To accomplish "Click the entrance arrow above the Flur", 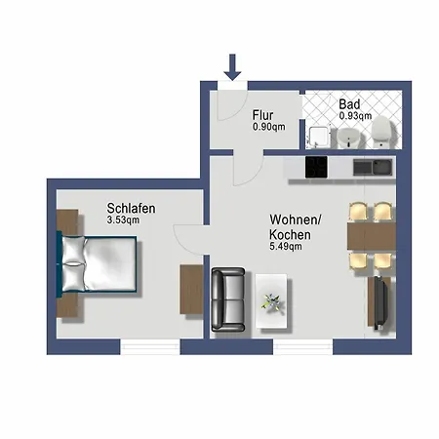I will pyautogui.click(x=231, y=67).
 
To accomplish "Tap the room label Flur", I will pyautogui.click(x=262, y=113).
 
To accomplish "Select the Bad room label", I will pyautogui.click(x=349, y=103).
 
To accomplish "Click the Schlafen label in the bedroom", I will pyautogui.click(x=132, y=208).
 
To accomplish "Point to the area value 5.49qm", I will pyautogui.click(x=286, y=247).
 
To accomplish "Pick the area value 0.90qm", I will pyautogui.click(x=269, y=126).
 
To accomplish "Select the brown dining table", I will pyautogui.click(x=371, y=236).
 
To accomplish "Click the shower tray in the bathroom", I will pyautogui.click(x=318, y=138).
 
